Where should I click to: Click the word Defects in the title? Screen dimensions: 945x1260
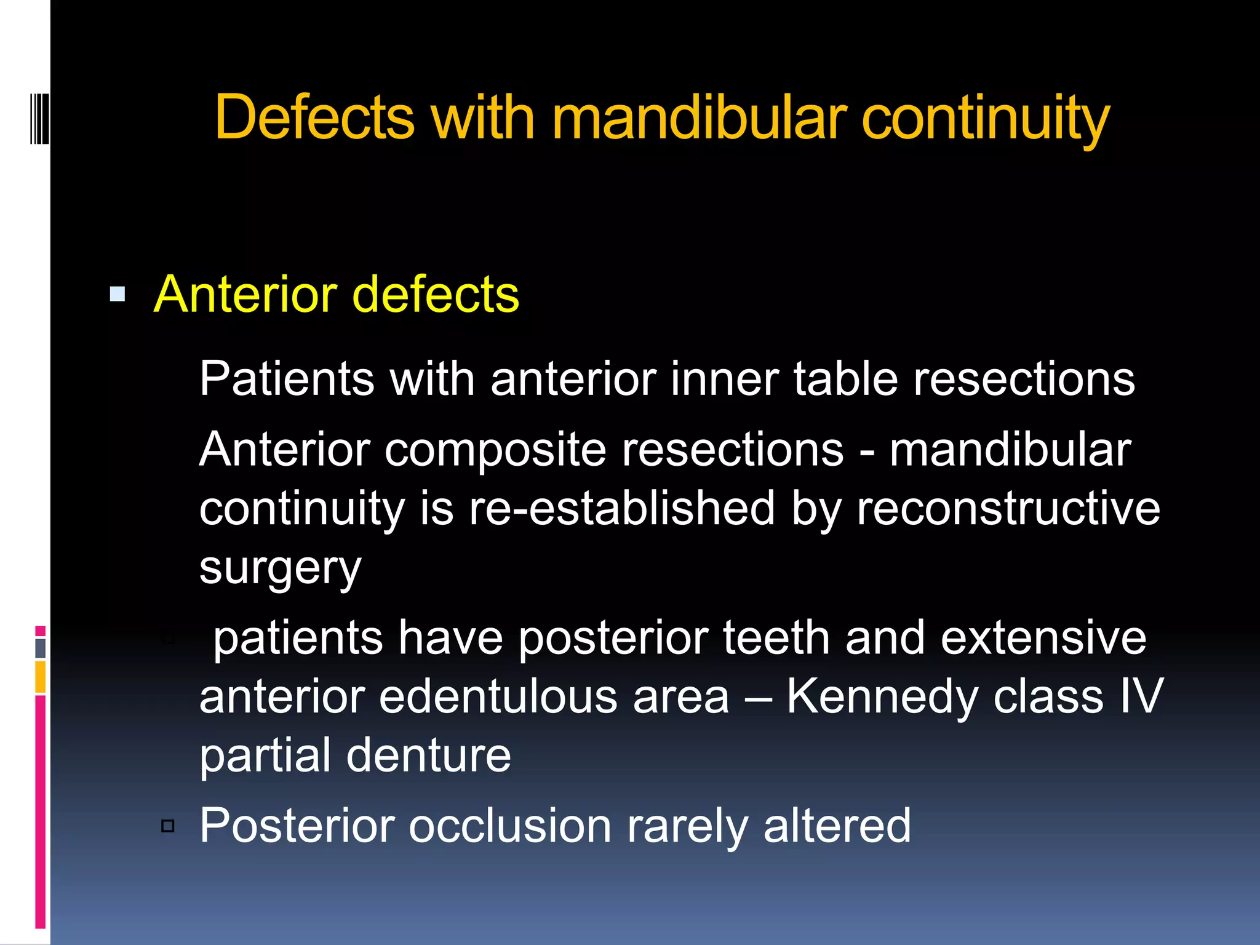(x=314, y=117)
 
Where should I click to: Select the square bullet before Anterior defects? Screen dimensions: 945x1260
(x=118, y=294)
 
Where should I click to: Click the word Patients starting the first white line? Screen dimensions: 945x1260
(x=287, y=378)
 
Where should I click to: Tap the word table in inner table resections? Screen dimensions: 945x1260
(x=846, y=378)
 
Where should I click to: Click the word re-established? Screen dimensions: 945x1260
(x=621, y=508)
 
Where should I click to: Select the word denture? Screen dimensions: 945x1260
(x=429, y=755)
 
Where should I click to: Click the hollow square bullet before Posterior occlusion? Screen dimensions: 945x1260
(x=168, y=826)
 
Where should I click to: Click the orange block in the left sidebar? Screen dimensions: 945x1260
(x=41, y=677)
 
